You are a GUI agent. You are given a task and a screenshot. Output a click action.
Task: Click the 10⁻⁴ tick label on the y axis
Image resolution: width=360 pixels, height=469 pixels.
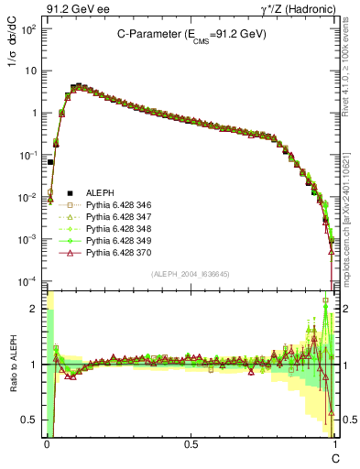tap(27, 280)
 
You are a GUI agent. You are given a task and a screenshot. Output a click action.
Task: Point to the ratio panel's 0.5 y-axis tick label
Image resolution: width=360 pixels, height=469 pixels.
tap(31, 420)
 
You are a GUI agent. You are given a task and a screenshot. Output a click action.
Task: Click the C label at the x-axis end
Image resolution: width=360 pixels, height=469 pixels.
tap(335, 457)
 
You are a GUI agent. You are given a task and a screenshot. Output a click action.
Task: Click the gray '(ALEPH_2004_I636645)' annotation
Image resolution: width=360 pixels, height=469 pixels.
tap(191, 275)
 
